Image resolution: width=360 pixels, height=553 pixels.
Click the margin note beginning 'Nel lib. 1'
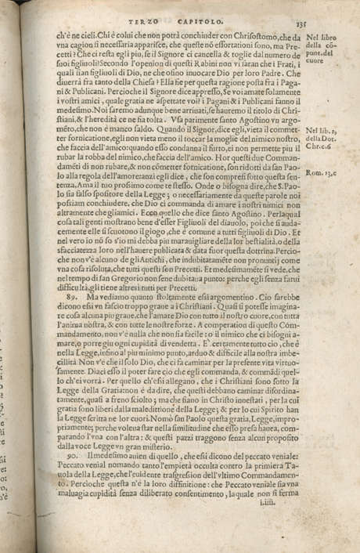(322, 138)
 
